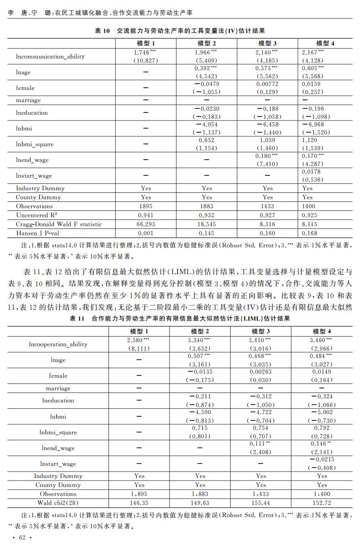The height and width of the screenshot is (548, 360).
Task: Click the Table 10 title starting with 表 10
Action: click(x=179, y=31)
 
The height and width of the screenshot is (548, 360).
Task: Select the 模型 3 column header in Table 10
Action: click(x=267, y=43)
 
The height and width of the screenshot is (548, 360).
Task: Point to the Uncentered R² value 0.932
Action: click(x=206, y=215)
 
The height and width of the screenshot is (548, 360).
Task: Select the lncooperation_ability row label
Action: click(x=58, y=344)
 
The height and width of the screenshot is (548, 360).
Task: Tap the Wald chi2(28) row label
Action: click(x=58, y=503)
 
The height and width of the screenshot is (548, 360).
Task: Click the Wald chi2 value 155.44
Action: click(x=261, y=503)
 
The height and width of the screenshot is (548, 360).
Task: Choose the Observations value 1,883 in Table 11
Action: click(x=200, y=494)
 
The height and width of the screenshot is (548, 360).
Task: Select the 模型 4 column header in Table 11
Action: click(x=322, y=331)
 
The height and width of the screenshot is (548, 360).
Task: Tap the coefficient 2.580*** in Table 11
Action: click(x=139, y=340)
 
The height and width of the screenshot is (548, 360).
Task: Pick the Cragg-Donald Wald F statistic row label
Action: click(x=59, y=224)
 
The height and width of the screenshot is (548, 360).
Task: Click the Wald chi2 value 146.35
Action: click(x=139, y=503)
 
